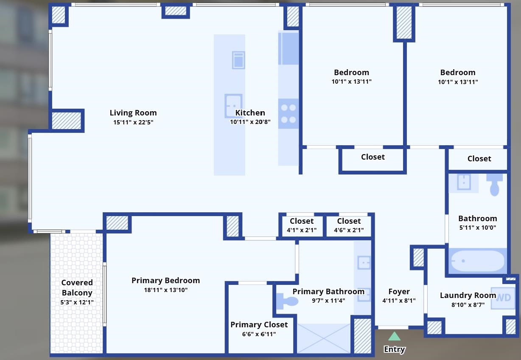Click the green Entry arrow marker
pos(394,336)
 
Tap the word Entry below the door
pos(394,349)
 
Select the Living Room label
pos(133,112)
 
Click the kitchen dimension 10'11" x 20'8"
pos(250,122)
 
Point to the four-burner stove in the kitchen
pos(289,114)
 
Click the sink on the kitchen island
pos(233,105)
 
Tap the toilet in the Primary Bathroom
pos(287,301)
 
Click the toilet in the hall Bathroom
pos(494,183)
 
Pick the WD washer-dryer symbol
pos(503,298)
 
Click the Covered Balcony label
pos(77,287)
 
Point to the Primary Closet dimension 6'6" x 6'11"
pos(258,334)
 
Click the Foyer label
pos(399,291)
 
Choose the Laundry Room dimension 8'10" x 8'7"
pos(468,305)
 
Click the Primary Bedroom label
pos(165,280)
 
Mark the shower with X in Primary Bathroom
pos(324,338)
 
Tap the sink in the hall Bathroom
pos(464,182)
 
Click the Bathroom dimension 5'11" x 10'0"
pos(477,228)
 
